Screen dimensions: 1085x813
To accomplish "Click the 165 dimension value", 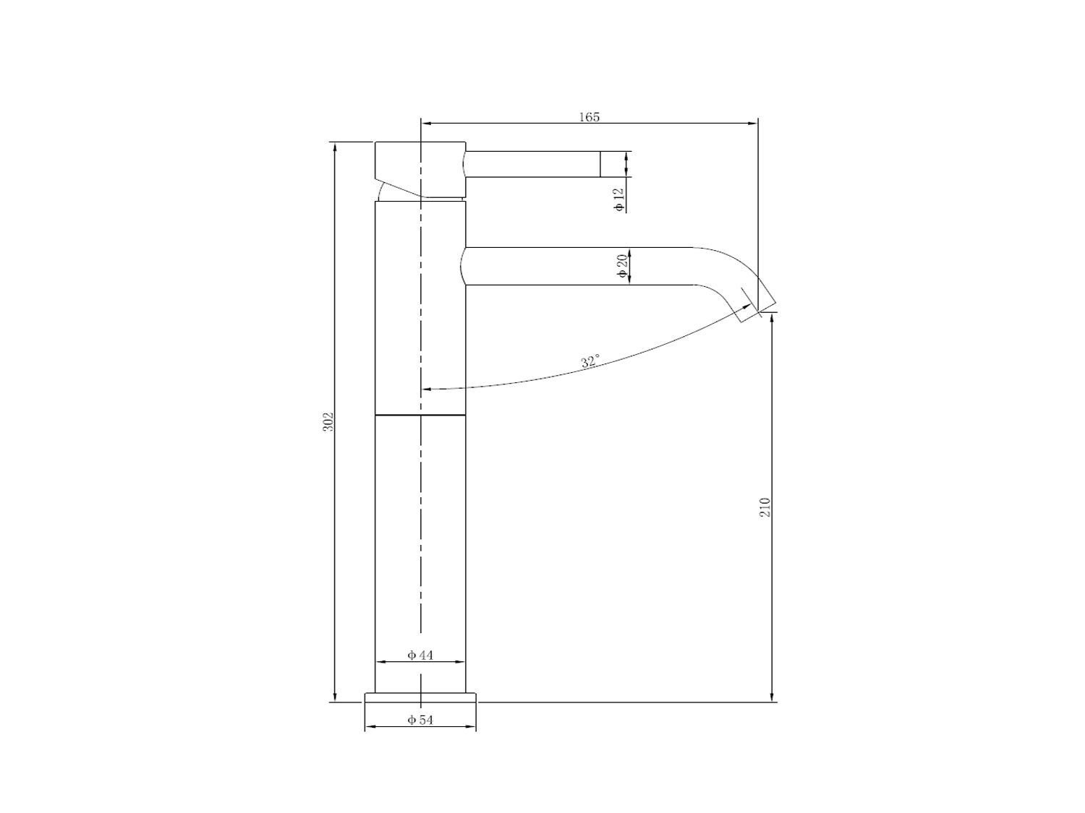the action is (x=589, y=117).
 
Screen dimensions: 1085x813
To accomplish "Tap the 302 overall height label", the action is (x=328, y=422).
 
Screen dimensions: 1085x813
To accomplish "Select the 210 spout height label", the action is (x=765, y=507).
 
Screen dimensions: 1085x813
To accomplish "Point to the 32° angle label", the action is (x=590, y=361).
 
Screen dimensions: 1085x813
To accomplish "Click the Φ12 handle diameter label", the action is (x=620, y=201).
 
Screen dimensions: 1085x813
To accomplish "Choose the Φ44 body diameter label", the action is (x=420, y=655).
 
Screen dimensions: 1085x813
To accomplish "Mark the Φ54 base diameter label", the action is (x=420, y=720).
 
